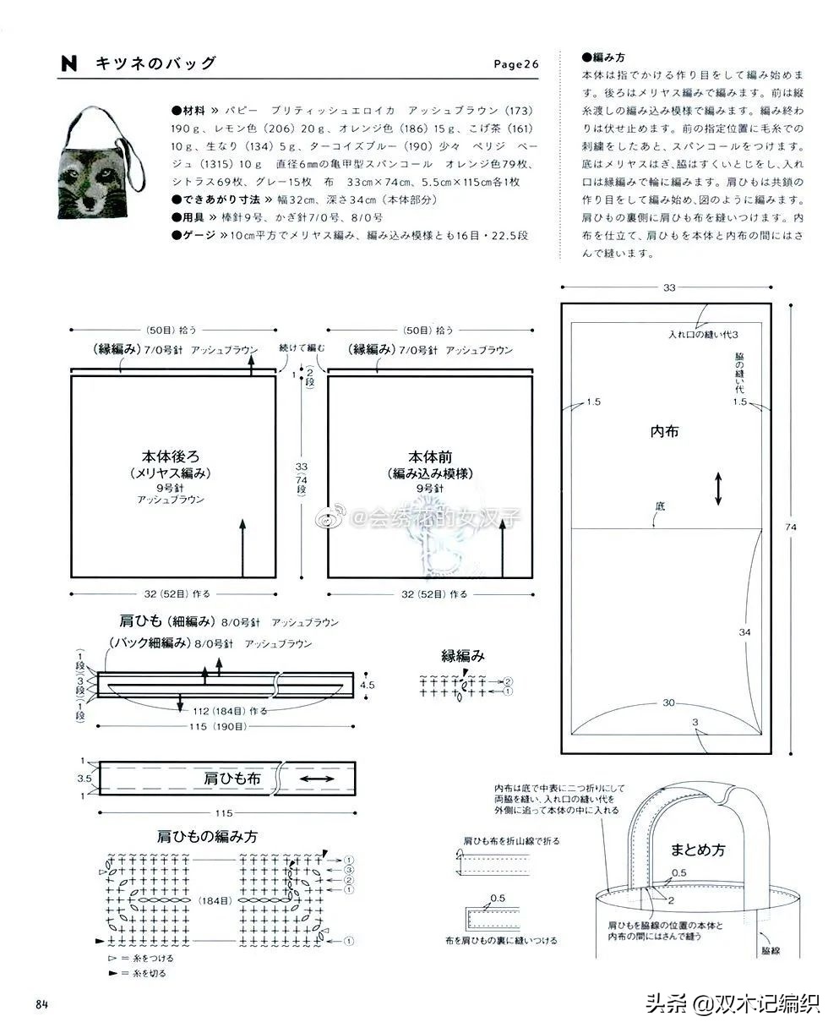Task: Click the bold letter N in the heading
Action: [x=69, y=63]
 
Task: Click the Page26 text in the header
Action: [x=515, y=65]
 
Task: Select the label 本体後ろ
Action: [x=171, y=456]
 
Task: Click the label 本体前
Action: [x=429, y=456]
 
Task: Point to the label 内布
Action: [x=664, y=431]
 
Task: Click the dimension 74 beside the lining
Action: [x=791, y=527]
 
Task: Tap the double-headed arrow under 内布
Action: [x=718, y=489]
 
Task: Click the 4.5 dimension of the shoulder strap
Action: [x=368, y=685]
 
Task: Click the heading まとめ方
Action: [x=698, y=849]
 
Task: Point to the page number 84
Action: [x=41, y=1003]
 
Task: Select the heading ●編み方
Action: [x=602, y=57]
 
